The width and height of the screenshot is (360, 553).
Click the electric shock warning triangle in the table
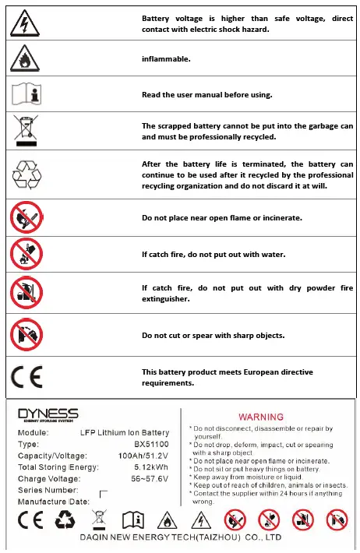pyautogui.click(x=26, y=23)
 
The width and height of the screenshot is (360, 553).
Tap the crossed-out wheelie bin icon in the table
pyautogui.click(x=26, y=130)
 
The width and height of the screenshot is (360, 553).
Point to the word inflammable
pyautogui.click(x=166, y=58)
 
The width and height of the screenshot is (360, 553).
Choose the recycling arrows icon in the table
pyautogui.click(x=26, y=174)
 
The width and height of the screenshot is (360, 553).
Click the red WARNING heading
pyautogui.click(x=260, y=417)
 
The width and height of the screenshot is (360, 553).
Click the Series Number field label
pyautogui.click(x=48, y=490)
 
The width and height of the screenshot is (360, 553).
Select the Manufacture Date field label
pyautogui.click(x=53, y=502)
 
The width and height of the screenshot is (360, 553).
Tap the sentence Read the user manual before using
pyautogui.click(x=206, y=94)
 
